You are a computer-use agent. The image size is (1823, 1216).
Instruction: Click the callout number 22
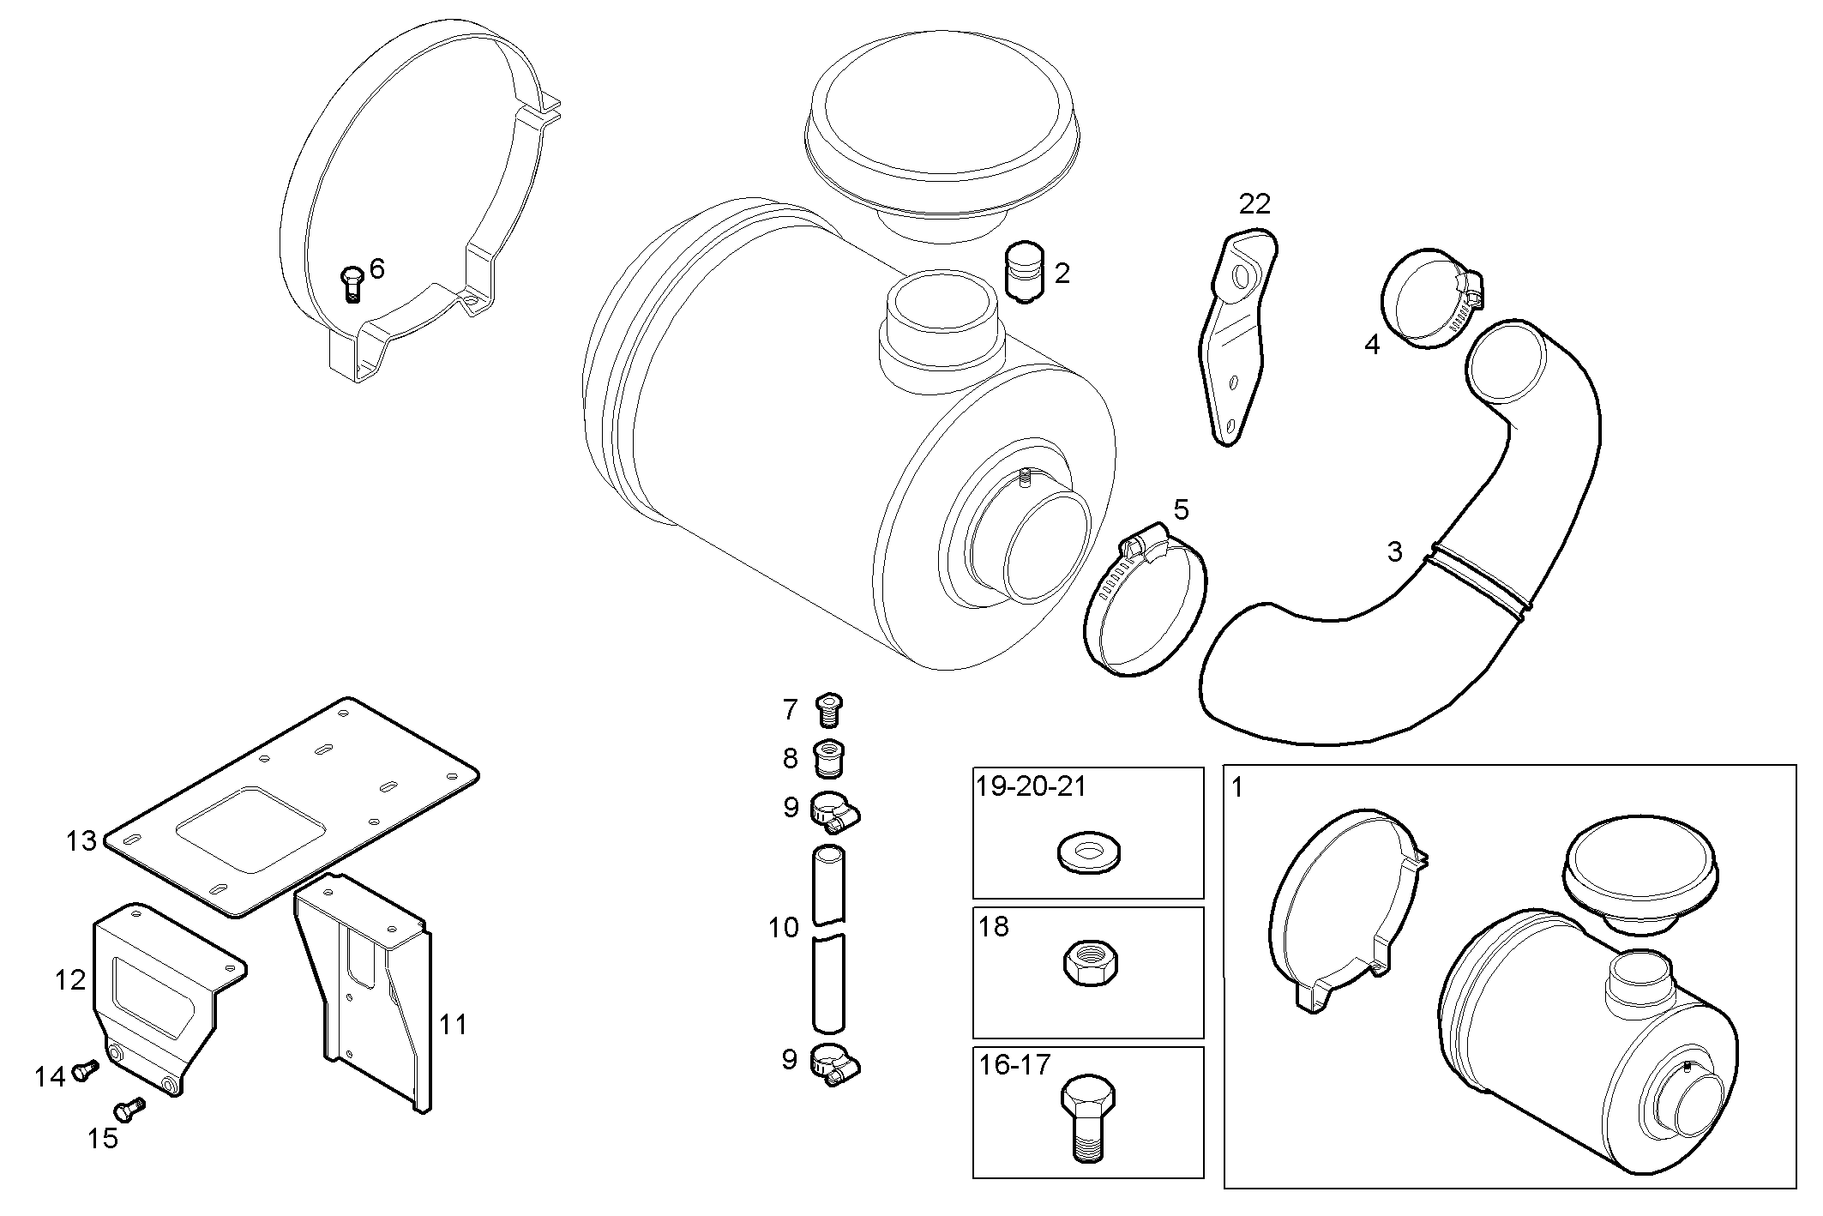[x=1254, y=204]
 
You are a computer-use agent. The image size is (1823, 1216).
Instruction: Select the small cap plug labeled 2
[x=1025, y=274]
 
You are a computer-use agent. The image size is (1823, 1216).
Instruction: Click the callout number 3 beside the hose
[x=1395, y=551]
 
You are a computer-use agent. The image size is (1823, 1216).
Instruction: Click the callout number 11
[x=453, y=1024]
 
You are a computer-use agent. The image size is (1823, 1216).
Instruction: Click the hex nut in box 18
[x=1088, y=963]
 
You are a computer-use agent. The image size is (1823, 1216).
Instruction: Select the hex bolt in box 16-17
[x=1087, y=1115]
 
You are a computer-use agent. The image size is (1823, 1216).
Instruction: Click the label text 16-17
[x=1014, y=1065]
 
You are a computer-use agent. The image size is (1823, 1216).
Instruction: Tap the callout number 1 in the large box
[x=1237, y=787]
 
